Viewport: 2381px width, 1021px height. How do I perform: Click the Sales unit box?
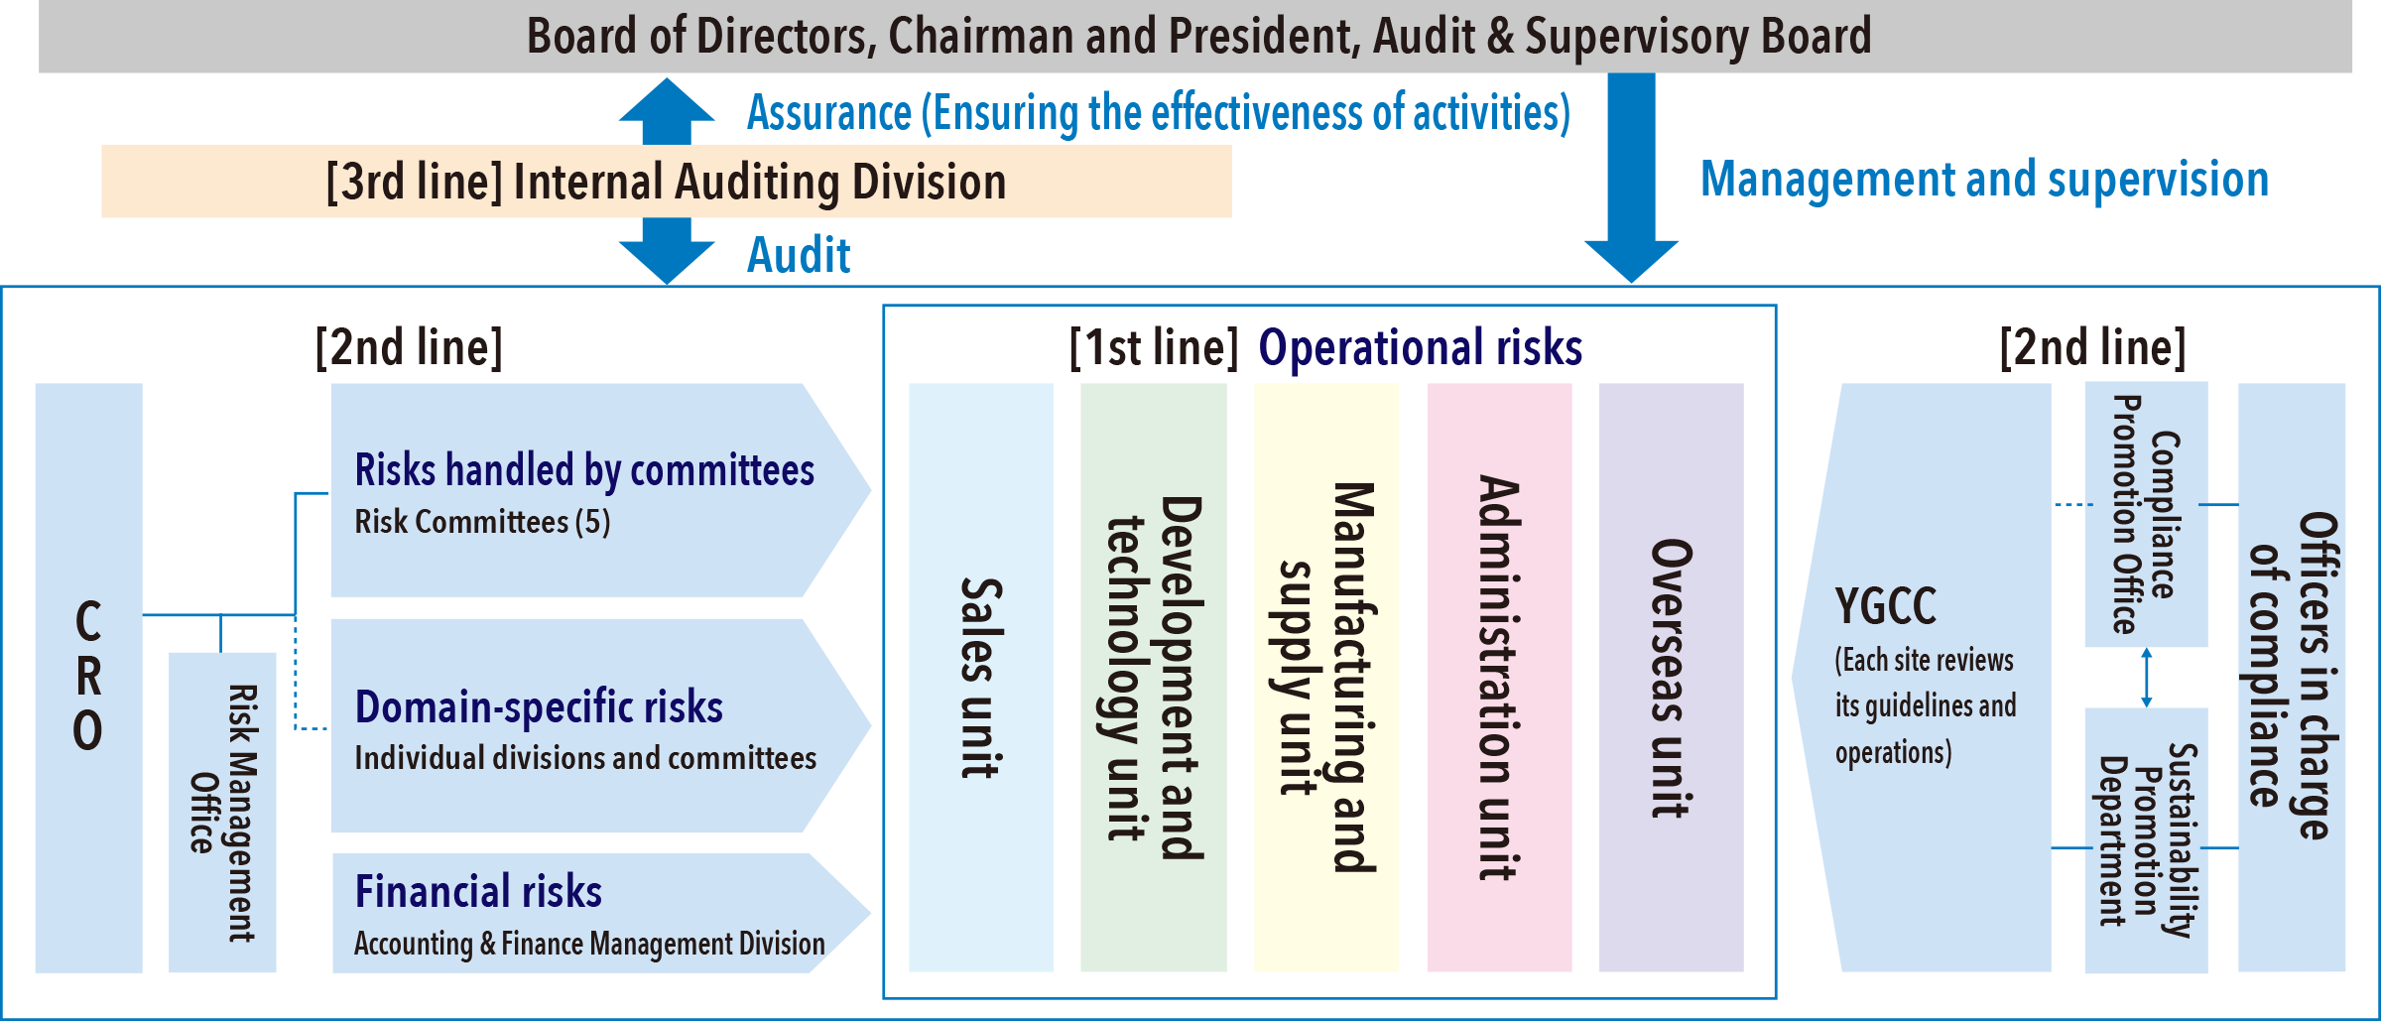click(x=980, y=678)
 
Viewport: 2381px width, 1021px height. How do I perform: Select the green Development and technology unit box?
click(x=1153, y=678)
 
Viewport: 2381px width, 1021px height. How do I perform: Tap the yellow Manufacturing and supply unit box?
click(x=1325, y=678)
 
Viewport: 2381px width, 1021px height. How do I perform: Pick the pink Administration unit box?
click(x=1499, y=678)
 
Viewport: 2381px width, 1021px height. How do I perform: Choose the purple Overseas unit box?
click(x=1671, y=678)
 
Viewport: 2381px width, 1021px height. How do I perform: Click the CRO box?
click(x=88, y=678)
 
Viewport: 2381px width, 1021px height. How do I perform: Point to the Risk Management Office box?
click(x=222, y=812)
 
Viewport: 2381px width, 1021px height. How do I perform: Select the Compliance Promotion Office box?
click(x=2146, y=514)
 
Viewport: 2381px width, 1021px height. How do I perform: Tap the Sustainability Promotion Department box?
click(x=2146, y=838)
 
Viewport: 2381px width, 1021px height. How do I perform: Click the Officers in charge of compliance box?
click(x=2292, y=678)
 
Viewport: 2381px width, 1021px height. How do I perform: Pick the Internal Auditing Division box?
click(x=666, y=182)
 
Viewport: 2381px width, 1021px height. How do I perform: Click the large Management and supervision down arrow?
click(x=1631, y=179)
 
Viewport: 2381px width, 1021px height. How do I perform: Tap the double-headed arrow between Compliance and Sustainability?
click(x=2146, y=678)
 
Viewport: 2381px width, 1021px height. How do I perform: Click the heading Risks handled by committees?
click(x=584, y=470)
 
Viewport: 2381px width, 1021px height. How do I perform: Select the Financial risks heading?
click(x=478, y=891)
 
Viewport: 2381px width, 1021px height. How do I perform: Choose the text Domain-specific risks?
click(x=539, y=706)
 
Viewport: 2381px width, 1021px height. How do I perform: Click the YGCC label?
click(x=1885, y=606)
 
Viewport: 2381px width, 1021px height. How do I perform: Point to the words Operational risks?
click(x=1420, y=348)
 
